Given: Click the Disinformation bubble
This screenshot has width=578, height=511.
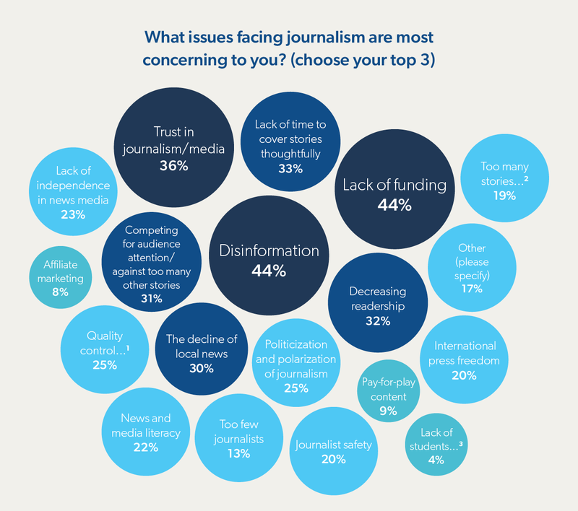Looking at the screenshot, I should [x=269, y=260].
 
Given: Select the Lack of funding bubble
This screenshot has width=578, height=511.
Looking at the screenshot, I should [x=394, y=194].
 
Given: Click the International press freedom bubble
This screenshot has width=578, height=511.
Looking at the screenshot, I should [x=465, y=359].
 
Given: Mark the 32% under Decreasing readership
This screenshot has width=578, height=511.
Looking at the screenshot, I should [x=378, y=321].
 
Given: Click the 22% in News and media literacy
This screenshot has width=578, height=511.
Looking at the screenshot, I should [x=145, y=447].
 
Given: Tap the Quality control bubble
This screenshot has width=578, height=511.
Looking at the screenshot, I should [x=104, y=350].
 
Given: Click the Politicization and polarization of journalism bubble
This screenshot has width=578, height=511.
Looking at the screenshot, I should [x=296, y=364].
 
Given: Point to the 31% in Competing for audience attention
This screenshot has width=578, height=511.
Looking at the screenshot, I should [x=152, y=298].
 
